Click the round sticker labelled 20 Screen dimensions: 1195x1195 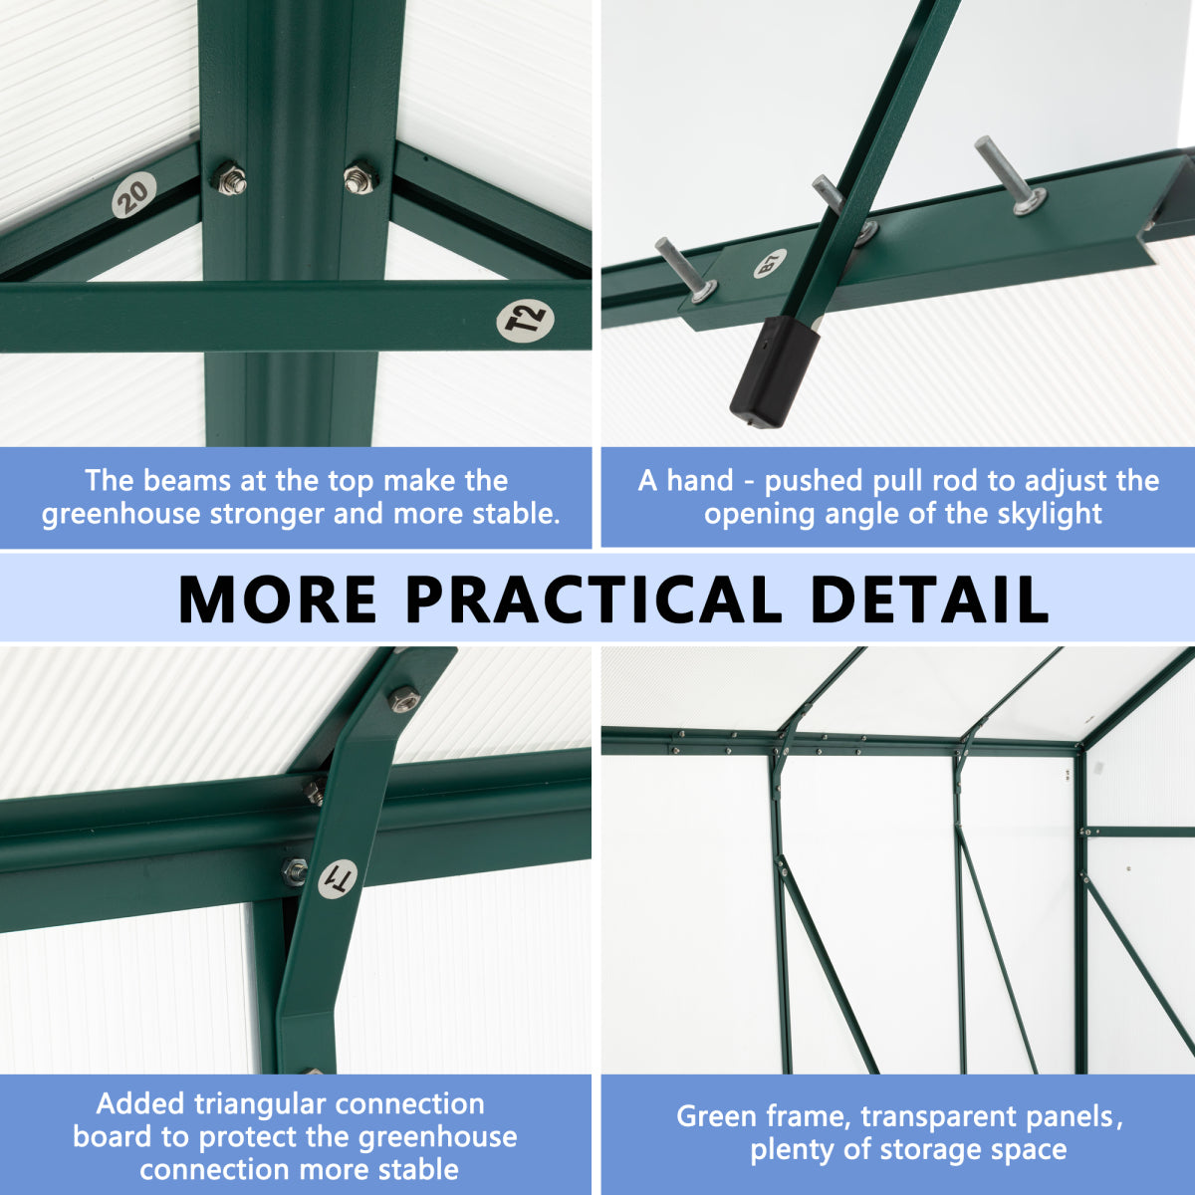coord(134,195)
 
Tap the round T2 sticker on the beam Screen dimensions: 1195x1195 coord(525,320)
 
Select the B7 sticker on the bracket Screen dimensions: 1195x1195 coord(770,263)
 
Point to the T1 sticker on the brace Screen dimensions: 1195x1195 coord(338,878)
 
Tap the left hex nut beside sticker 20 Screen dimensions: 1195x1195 coord(229,179)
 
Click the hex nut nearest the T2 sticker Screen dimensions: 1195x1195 coord(359,177)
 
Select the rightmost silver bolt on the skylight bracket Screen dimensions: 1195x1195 coord(1010,175)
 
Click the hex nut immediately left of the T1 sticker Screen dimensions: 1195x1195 coord(295,871)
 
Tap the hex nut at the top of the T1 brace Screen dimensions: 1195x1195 coord(403,697)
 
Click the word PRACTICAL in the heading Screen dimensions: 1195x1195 coord(594,599)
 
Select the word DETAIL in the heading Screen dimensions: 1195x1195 coord(929,599)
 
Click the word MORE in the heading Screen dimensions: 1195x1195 coord(277,599)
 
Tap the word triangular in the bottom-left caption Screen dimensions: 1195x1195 coord(259,1103)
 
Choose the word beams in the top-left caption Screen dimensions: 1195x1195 coord(186,481)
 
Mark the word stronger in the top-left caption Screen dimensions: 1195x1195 coord(267,515)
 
